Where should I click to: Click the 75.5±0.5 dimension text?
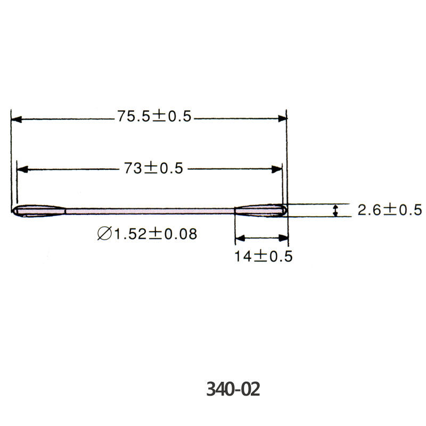tap(154, 116)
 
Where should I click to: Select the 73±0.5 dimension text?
tap(153, 168)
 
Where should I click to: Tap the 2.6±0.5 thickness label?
tap(390, 210)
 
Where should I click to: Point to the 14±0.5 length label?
tap(263, 256)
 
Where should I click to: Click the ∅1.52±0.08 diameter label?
tap(148, 234)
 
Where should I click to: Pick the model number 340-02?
tap(233, 389)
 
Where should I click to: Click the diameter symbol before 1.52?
tap(104, 234)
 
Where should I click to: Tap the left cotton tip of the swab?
tap(39, 211)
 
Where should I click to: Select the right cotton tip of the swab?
tap(261, 210)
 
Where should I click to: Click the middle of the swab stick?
tap(150, 211)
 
